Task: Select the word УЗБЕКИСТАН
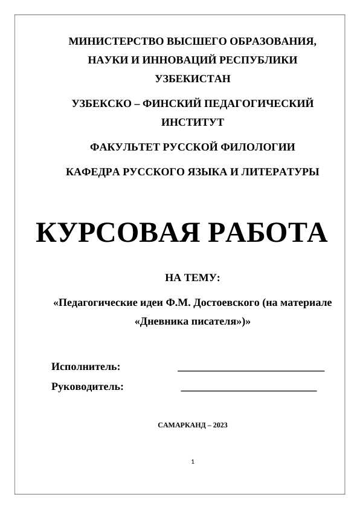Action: [193, 79]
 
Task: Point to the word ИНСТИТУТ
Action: [193, 122]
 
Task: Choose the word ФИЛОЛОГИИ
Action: [265, 147]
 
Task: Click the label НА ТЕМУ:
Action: [193, 278]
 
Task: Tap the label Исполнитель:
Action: [86, 366]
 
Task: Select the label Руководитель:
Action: [88, 386]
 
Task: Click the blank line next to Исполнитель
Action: [251, 369]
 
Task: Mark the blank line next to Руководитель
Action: [248, 390]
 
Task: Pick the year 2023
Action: [220, 425]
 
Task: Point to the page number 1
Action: [192, 462]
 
